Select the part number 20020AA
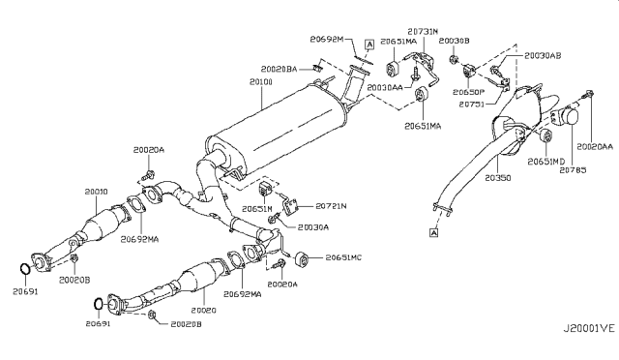point(596,145)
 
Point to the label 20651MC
point(343,258)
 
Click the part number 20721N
point(330,206)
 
